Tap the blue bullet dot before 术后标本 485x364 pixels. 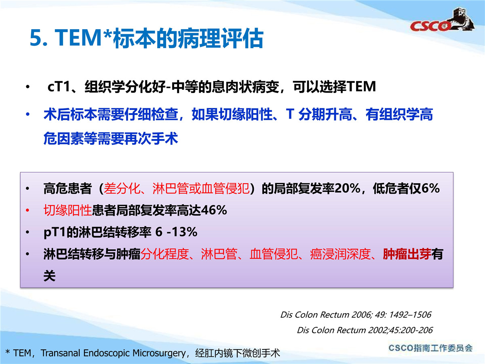tap(27, 114)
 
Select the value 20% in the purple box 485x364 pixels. tap(347, 188)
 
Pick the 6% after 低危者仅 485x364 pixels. tap(431, 188)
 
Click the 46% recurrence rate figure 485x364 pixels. tap(214, 210)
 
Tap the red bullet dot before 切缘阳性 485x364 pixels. tap(27, 210)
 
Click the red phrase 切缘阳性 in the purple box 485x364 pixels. tap(68, 210)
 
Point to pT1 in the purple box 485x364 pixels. tap(55, 233)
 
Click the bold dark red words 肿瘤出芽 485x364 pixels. tap(407, 254)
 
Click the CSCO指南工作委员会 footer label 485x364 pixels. tap(431, 348)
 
